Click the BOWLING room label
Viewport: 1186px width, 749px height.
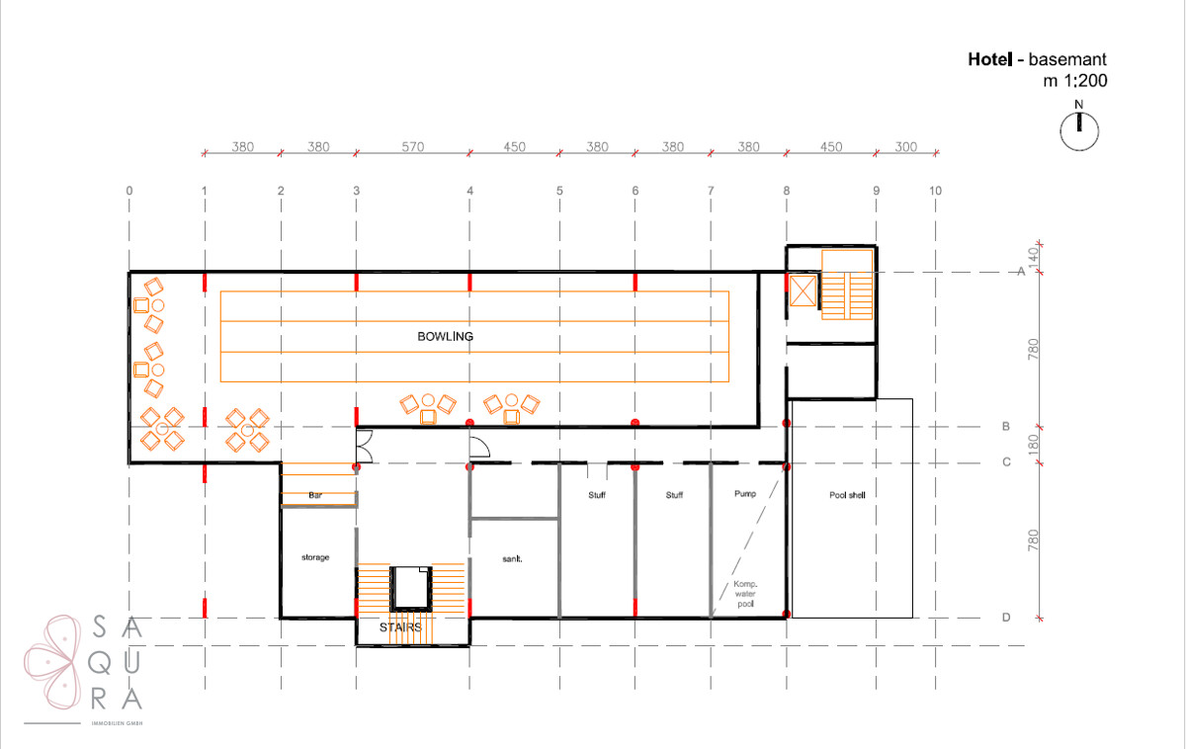[x=446, y=337]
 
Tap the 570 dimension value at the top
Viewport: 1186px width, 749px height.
[x=412, y=146]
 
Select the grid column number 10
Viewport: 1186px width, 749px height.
[x=935, y=191]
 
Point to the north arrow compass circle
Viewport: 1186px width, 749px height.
[x=1079, y=131]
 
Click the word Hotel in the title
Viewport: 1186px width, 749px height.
[x=990, y=59]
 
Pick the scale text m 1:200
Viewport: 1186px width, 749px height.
[x=1075, y=80]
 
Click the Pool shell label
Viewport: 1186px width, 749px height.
[x=847, y=495]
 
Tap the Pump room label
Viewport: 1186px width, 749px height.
[x=745, y=494]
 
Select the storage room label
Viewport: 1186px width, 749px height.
[x=315, y=557]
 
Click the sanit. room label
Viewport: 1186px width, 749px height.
[x=512, y=558]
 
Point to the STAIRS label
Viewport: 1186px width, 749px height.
[x=400, y=627]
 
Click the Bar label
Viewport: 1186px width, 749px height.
[x=315, y=495]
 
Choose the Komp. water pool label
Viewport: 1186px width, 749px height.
[x=745, y=594]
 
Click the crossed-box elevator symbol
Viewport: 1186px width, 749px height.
[x=803, y=291]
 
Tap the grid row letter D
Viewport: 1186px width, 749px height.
[x=1006, y=618]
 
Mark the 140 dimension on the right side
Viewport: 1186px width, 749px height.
[x=1033, y=257]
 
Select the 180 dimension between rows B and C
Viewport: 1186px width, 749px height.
[x=1033, y=444]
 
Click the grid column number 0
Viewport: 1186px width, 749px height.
[x=129, y=191]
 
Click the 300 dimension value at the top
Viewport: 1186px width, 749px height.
[x=905, y=146]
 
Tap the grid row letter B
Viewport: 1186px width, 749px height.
[x=1005, y=426]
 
